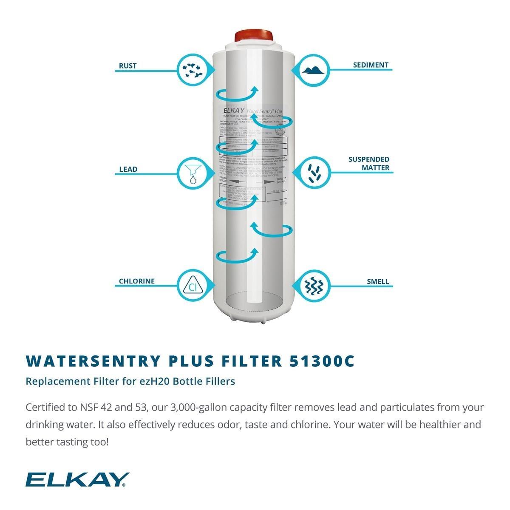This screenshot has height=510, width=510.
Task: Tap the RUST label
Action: [x=127, y=66]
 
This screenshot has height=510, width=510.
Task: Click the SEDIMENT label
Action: [x=371, y=65]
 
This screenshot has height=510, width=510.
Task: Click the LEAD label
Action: [x=128, y=169]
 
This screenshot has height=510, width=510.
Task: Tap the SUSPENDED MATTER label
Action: [x=368, y=164]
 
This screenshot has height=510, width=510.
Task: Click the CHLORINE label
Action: [x=136, y=281]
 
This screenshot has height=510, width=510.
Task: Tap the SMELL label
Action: [x=377, y=281]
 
